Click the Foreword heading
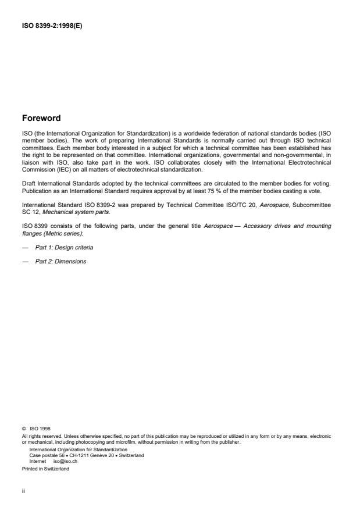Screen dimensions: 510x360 41,118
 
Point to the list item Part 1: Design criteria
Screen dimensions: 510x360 65,248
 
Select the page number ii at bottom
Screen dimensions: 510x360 23,490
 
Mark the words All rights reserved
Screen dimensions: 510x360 39,435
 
